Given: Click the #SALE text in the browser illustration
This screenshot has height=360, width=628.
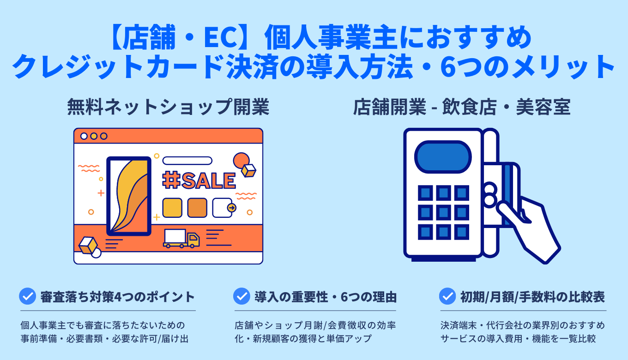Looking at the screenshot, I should click(199, 181).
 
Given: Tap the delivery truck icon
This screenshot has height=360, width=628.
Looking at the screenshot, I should click(181, 238).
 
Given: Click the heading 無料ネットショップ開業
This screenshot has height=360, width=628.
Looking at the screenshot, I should click(168, 108).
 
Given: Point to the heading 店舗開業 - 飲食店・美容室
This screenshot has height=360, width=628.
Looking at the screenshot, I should click(462, 108).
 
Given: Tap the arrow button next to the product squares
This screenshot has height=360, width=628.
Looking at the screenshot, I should click(231, 208).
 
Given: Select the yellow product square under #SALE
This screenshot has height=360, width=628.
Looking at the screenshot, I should click(172, 208).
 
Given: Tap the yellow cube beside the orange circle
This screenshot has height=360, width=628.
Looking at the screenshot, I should click(248, 171).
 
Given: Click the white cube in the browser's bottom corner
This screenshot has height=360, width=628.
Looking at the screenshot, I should click(88, 245).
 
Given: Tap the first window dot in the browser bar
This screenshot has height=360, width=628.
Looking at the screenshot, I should click(84, 136).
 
